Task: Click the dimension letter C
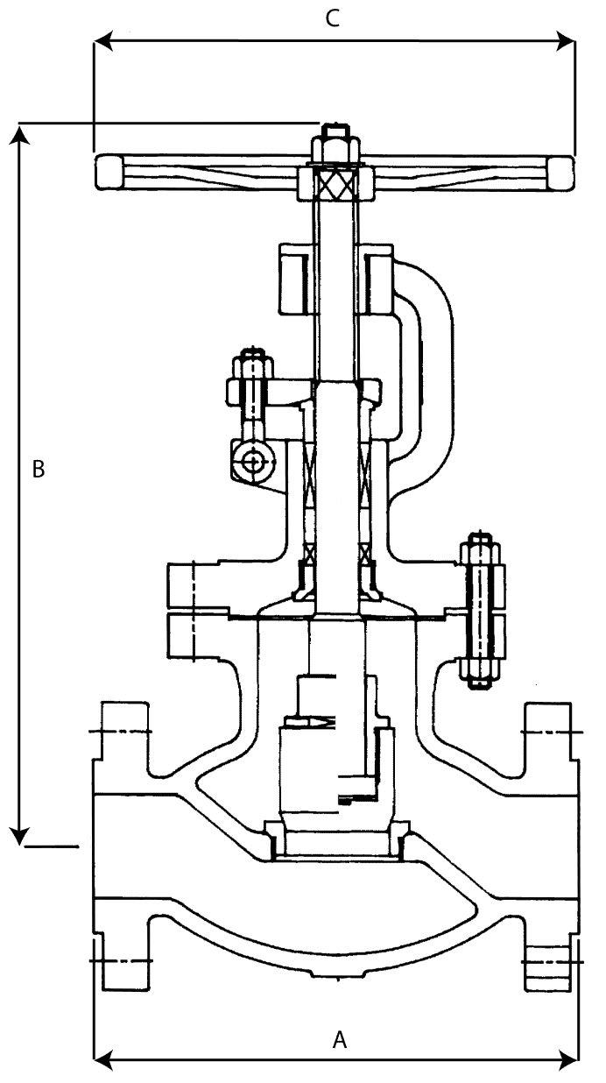[x=332, y=19]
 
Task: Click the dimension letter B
[x=38, y=469]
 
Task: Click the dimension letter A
[x=341, y=1040]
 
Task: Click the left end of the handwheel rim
[x=109, y=171]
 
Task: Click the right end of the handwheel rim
[x=560, y=171]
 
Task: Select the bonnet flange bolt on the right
[x=481, y=610]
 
